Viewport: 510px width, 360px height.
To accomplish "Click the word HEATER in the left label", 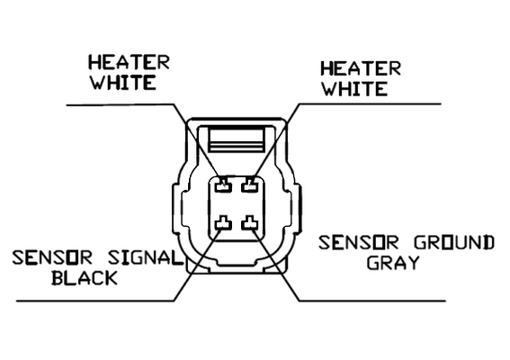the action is (130, 62).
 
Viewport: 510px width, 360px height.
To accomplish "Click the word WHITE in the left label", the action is (123, 83).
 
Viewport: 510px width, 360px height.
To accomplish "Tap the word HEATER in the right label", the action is (361, 68).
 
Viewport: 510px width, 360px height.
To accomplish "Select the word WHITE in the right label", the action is (355, 88).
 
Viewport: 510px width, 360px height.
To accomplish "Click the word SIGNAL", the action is (145, 257).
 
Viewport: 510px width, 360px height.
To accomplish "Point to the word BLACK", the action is (85, 278).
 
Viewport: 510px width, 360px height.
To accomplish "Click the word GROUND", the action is (454, 243).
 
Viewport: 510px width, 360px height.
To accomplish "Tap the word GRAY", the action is (393, 263).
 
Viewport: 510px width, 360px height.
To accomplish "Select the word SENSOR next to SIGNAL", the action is (52, 257).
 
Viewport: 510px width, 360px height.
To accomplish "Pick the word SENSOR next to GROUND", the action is (358, 243).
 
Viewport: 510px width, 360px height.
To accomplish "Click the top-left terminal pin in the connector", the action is (223, 184).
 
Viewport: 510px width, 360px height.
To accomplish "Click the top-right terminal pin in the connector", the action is (250, 184).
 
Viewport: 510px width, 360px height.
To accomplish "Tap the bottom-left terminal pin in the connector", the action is (223, 222).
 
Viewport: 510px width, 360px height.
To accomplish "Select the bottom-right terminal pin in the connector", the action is (250, 222).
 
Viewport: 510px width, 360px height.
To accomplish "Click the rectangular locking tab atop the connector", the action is (237, 139).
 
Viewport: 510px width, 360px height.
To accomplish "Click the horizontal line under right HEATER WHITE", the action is (370, 104).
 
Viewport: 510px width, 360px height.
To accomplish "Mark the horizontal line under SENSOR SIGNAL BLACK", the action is (95, 301).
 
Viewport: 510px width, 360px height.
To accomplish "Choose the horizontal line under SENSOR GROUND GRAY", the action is (372, 301).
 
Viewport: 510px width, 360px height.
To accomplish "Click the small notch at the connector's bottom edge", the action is (237, 264).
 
